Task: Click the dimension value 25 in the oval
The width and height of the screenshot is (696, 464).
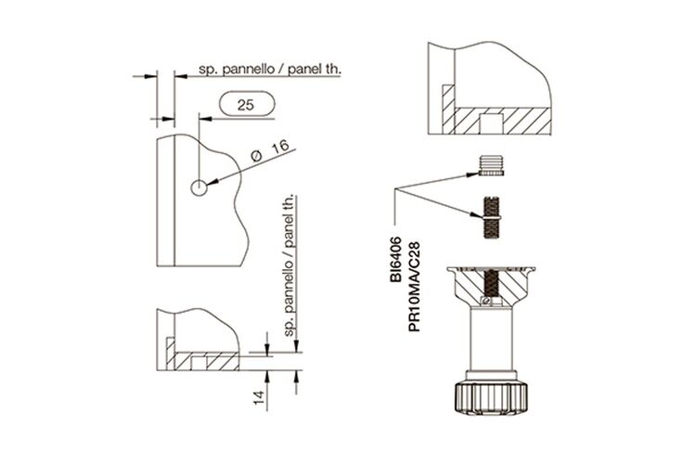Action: pyautogui.click(x=246, y=105)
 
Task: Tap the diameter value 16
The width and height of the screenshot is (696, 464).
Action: pyautogui.click(x=280, y=147)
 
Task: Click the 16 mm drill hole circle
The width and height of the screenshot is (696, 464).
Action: pyautogui.click(x=199, y=188)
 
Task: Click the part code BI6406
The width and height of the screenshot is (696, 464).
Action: pyautogui.click(x=395, y=259)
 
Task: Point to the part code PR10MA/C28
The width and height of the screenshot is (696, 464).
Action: pyautogui.click(x=414, y=287)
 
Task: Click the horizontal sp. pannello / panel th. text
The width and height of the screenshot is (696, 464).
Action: pyautogui.click(x=269, y=70)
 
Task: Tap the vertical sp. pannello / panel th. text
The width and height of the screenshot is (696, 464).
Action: pyautogui.click(x=290, y=265)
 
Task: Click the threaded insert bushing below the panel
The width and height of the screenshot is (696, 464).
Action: pyautogui.click(x=491, y=165)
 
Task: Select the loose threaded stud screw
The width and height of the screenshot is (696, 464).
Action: pyautogui.click(x=491, y=216)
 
